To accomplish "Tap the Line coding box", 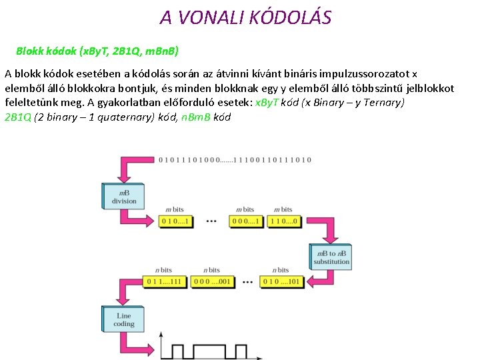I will [123, 320].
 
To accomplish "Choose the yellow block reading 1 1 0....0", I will [285, 221].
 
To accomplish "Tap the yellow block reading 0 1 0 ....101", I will [281, 281].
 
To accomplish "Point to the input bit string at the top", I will [235, 160].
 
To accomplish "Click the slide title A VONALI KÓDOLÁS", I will [245, 17].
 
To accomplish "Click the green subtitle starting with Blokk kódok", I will [97, 51].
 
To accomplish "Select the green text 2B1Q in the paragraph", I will [17, 117].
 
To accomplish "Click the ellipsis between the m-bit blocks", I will [212, 221].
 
